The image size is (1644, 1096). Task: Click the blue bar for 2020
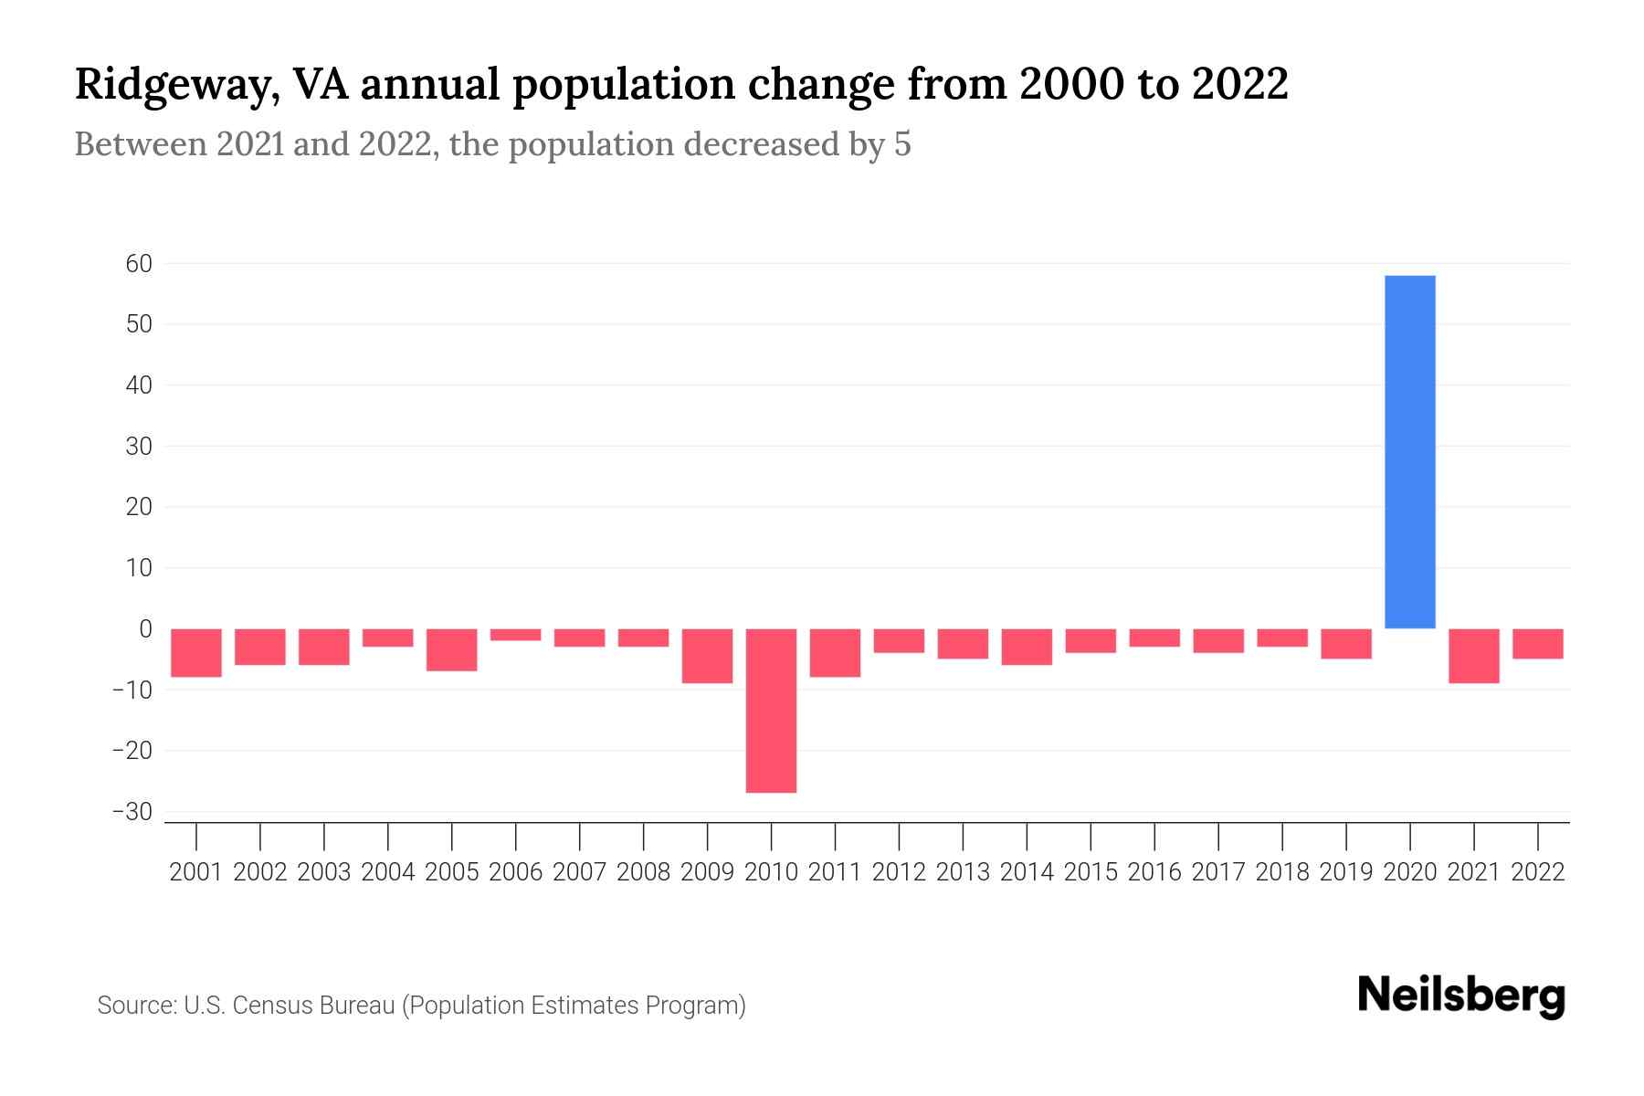click(1409, 452)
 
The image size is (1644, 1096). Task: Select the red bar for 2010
click(771, 710)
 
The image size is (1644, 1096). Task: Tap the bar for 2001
click(196, 652)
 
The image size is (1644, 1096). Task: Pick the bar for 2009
click(707, 655)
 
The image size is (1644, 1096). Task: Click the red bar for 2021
click(1473, 655)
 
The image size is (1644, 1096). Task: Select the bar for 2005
click(451, 649)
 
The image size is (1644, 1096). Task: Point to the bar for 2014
click(1027, 647)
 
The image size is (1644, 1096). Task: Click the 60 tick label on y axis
click(139, 264)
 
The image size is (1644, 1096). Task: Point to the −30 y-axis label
click(132, 812)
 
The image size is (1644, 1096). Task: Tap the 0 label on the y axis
click(145, 628)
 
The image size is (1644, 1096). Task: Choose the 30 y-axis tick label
click(139, 447)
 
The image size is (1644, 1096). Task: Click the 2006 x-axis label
click(515, 872)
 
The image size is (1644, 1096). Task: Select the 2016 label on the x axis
click(1154, 872)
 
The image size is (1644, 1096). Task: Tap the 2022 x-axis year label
click(1538, 872)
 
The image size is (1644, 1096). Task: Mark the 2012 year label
click(899, 872)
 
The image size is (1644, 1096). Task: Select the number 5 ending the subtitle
click(902, 144)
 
